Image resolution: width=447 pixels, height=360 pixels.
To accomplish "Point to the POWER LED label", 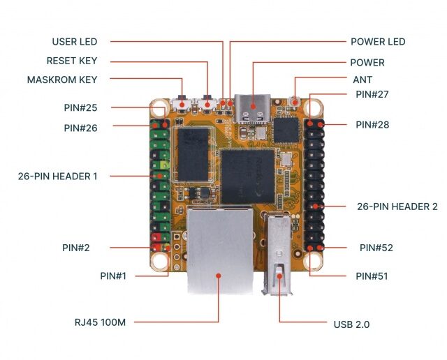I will pos(378,42).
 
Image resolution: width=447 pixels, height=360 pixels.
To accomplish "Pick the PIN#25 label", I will pos(80,107).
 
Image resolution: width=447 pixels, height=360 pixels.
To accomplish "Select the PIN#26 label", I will pos(80,128).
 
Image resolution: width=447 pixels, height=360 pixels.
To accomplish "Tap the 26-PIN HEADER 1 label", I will pos(58,177).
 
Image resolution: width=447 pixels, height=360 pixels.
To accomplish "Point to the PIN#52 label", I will pos(376,248).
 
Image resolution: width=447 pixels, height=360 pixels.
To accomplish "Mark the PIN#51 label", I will pos(372,276).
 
